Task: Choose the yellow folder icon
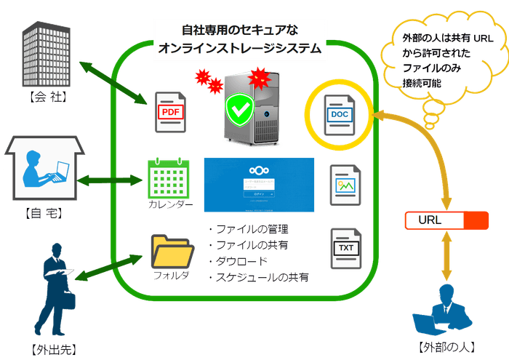click(172, 251)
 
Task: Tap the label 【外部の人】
click(443, 346)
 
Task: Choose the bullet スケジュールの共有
click(262, 278)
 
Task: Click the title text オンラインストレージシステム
click(239, 49)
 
